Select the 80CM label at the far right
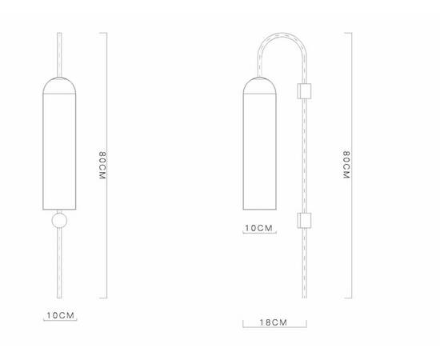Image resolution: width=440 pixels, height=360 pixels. point(346,166)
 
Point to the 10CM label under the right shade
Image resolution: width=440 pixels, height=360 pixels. point(258,228)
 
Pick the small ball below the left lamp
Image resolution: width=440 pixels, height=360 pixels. point(60,221)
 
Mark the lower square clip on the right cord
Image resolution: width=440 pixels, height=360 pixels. point(304,220)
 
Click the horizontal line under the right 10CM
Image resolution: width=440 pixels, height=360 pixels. point(258,234)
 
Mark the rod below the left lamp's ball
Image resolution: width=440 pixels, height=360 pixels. point(60,264)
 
